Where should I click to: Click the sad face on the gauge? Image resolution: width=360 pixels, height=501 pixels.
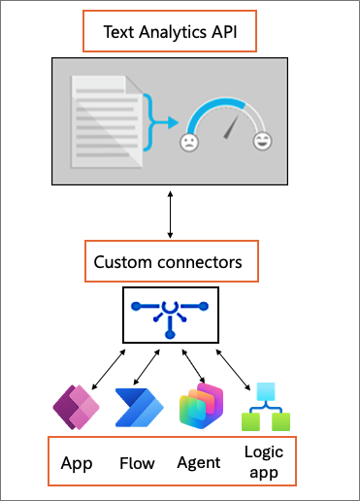188,144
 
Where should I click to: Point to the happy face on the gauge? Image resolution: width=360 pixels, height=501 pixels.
262,144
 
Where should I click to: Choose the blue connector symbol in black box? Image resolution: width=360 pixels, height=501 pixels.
170,314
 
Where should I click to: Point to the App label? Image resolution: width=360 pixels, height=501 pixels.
76,463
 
